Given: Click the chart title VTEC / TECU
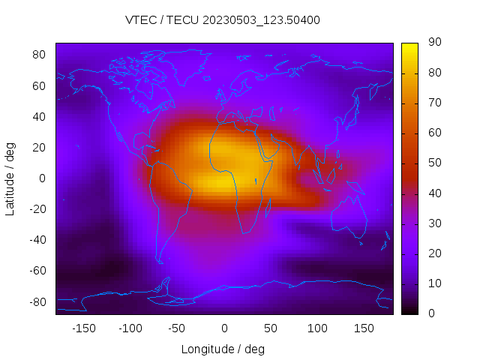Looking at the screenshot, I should point(223,20).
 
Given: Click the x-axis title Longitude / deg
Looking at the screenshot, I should point(223,349).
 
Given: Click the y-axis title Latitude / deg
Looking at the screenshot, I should point(10,178).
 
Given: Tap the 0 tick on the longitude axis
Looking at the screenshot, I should point(223,328).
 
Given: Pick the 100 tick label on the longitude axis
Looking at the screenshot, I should point(317,328).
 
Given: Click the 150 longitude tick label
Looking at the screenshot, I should point(364,328).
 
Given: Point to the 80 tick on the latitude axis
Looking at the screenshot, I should point(40,55).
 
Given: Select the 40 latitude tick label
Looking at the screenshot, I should point(40,116).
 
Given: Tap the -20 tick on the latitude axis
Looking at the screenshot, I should point(37,209).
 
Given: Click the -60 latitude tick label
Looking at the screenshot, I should point(37,271).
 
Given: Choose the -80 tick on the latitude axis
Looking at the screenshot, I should point(37,301).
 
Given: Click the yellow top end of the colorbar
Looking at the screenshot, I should point(409,46).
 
